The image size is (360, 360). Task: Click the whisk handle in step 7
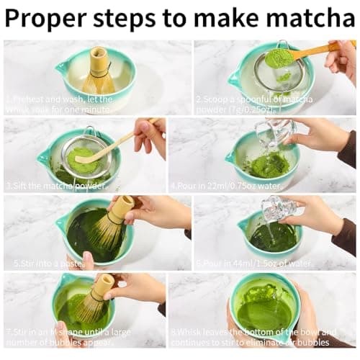(105, 283)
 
